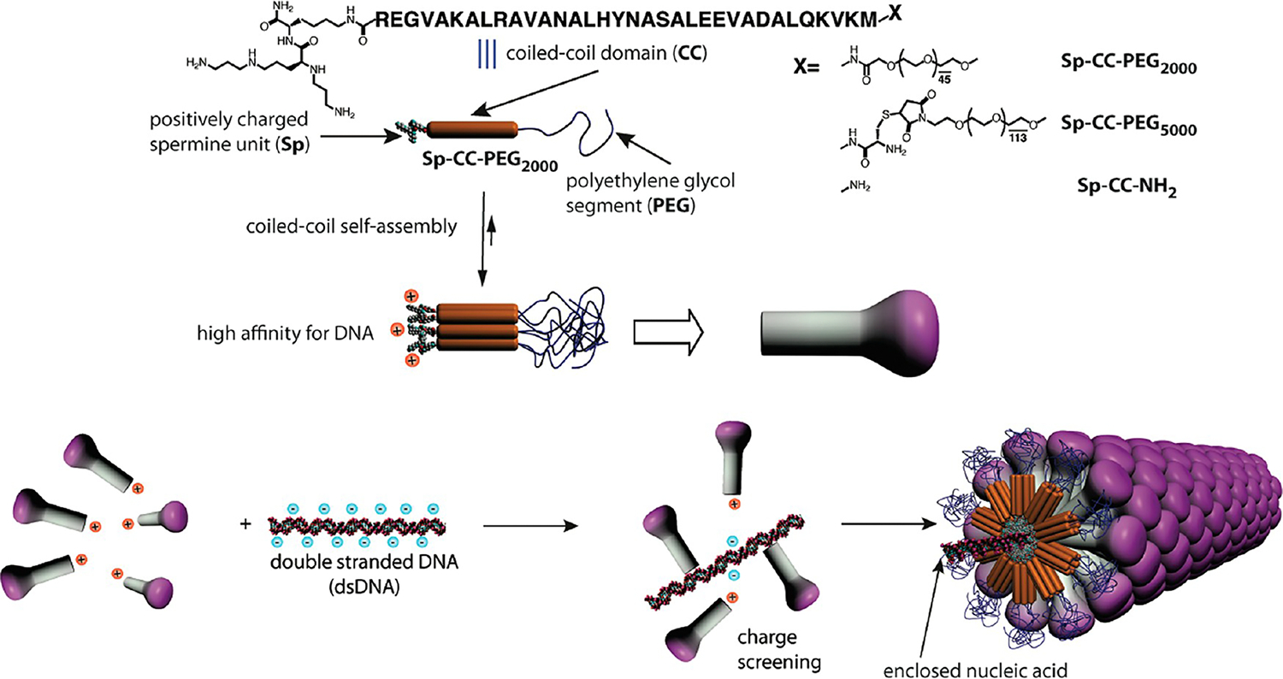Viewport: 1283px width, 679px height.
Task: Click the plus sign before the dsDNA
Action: (x=246, y=522)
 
